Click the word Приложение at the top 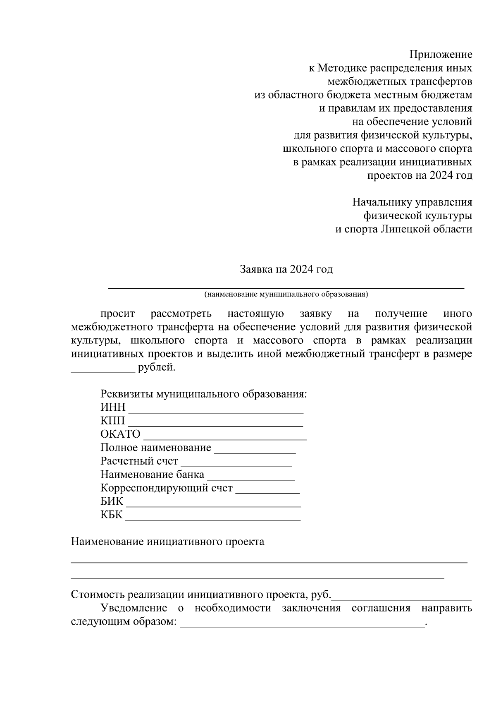coord(441,55)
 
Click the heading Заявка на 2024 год coord(286,270)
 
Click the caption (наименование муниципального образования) coord(286,295)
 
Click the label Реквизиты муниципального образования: coord(204,394)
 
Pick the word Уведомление coord(134,608)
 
